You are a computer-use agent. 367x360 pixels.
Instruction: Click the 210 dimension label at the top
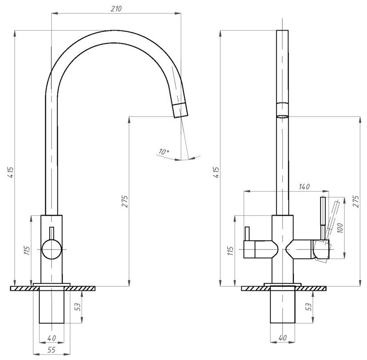pyautogui.click(x=116, y=9)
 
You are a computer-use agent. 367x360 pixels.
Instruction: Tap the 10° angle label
pyautogui.click(x=164, y=152)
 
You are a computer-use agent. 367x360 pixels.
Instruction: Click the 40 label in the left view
pyautogui.click(x=51, y=339)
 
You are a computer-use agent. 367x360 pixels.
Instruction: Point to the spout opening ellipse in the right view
pyautogui.click(x=282, y=117)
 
